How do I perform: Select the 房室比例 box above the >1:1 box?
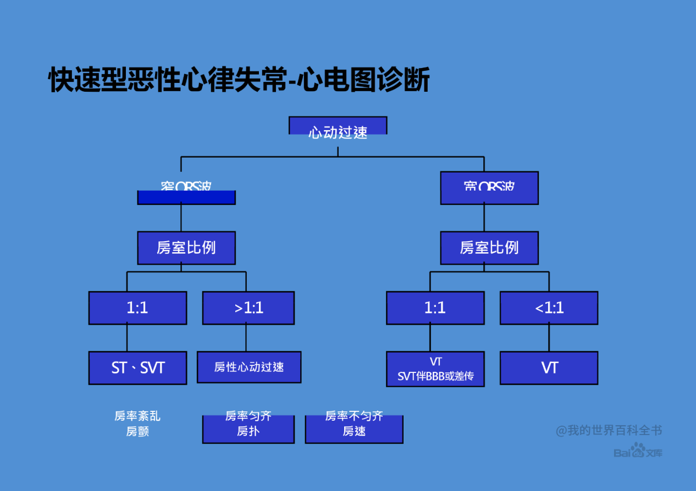click(x=186, y=248)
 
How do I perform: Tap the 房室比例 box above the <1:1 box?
click(x=489, y=248)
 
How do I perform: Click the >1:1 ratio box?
click(x=248, y=308)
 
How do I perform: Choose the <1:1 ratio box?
click(x=549, y=308)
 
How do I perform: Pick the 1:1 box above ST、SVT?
click(x=137, y=308)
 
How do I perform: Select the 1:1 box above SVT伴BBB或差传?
click(x=435, y=308)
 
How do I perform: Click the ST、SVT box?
click(x=137, y=367)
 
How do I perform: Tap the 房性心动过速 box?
click(x=249, y=367)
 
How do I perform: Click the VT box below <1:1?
click(x=549, y=367)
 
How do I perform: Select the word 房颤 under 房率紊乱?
click(x=137, y=432)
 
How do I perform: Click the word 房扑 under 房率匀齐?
click(x=248, y=432)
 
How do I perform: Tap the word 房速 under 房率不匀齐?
click(x=354, y=432)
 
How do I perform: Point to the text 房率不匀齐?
click(x=354, y=416)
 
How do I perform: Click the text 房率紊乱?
click(x=137, y=416)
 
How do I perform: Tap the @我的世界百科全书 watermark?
click(x=609, y=430)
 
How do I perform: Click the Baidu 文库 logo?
click(x=638, y=452)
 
